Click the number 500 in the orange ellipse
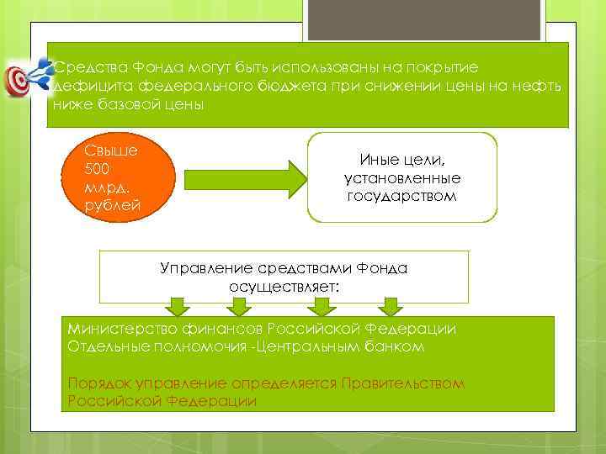[x=98, y=169]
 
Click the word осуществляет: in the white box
[x=284, y=287]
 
